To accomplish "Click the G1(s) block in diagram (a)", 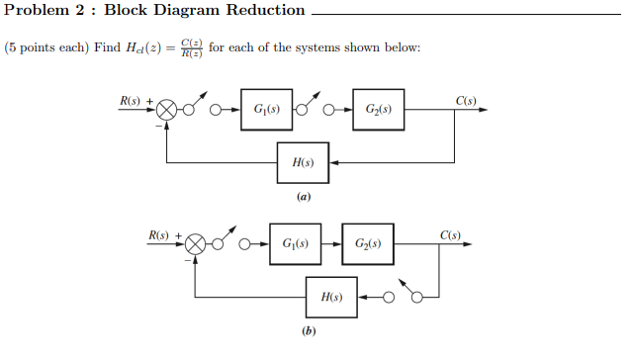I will coord(265,109).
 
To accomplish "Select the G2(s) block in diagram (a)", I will coord(377,109).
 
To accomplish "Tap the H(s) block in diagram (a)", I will coord(302,162).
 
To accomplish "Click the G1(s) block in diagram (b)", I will coord(294,243).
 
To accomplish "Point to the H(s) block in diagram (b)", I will coord(331,296).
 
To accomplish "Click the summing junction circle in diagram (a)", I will coord(168,109).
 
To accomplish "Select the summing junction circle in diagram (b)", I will coord(196,243).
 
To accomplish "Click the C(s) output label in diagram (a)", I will coord(466,101).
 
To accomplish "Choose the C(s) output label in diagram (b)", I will coord(450,234).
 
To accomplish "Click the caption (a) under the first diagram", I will coord(303,197).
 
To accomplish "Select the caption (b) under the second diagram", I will coord(309,331).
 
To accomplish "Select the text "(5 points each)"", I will coord(45,48).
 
